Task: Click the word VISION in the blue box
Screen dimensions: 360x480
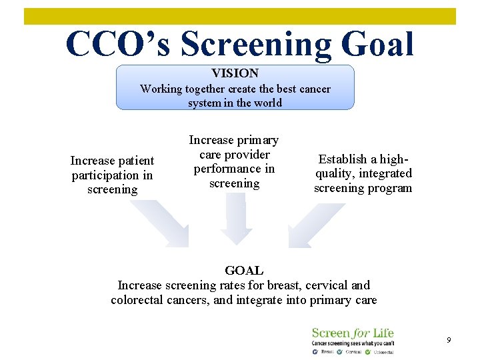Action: (235, 73)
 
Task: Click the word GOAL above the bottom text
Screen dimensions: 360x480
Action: (244, 271)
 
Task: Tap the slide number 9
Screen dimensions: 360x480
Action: (449, 340)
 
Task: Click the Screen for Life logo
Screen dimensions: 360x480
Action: (353, 340)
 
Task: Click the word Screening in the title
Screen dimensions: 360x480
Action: (256, 44)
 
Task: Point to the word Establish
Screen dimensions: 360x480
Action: (342, 159)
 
